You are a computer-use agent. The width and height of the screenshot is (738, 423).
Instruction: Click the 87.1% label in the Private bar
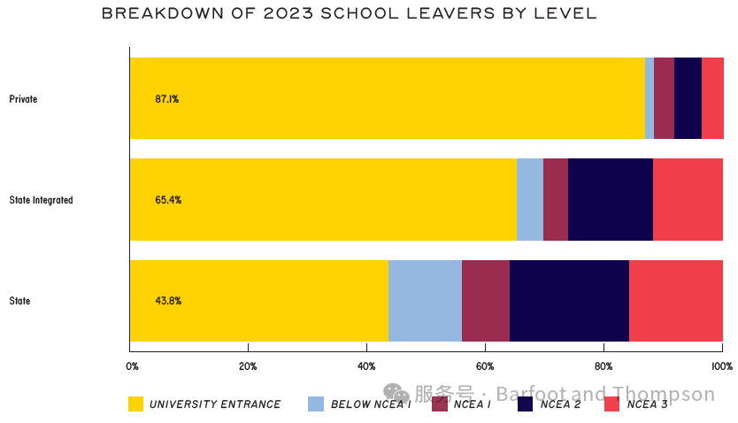pos(167,99)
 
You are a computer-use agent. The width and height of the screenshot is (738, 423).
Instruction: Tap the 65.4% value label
pos(168,200)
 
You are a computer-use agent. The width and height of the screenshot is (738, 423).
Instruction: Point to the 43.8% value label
pos(168,301)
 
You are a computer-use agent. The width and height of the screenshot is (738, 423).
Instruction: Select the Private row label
pos(23,99)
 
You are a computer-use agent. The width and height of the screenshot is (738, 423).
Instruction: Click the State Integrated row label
pos(41,200)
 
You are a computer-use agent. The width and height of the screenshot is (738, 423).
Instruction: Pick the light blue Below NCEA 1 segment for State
pos(425,301)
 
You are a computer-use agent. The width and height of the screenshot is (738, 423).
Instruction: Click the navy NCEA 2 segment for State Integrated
pos(611,199)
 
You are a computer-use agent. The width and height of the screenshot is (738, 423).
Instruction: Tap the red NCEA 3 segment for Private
pos(712,98)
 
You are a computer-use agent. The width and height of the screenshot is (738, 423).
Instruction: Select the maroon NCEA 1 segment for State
pos(486,301)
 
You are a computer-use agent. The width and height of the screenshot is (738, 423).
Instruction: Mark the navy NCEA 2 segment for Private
pos(688,98)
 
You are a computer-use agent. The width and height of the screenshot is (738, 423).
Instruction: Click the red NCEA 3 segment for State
pos(676,301)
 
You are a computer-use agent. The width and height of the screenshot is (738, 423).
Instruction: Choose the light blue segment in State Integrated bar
pos(530,199)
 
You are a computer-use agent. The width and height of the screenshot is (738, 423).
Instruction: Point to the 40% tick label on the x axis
pos(366,366)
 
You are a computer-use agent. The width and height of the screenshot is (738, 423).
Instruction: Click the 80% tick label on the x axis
pos(603,366)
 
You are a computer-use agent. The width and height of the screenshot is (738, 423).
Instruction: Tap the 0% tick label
pos(132,366)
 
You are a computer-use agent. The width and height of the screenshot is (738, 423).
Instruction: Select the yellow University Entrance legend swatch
pos(135,404)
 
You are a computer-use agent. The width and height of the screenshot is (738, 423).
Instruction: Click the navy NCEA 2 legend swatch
pos(525,404)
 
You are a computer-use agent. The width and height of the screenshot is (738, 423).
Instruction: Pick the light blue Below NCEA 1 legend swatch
pos(316,404)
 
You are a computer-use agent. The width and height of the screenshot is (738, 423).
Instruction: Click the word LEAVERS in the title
pos(451,13)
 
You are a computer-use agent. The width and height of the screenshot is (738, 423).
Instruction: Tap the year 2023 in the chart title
pos(288,13)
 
